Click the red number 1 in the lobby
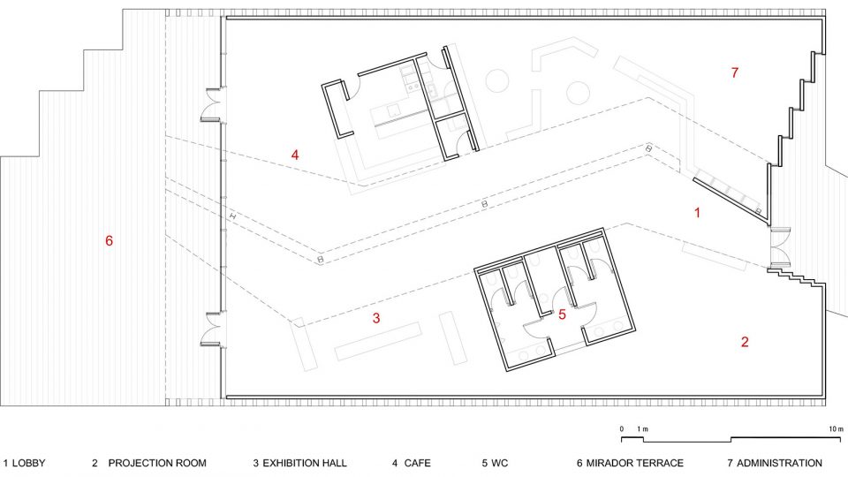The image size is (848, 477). coord(697,213)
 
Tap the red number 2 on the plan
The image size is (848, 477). coord(745,342)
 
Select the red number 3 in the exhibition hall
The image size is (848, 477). coord(376,318)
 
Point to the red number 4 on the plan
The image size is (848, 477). coord(295,155)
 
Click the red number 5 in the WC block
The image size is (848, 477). coord(562,314)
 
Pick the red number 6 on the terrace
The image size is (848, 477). coord(109,240)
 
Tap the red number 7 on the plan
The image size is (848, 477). coord(734,72)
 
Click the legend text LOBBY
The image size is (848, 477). coord(28,464)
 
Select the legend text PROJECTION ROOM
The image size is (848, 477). coord(157,464)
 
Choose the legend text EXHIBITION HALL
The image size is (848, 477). coord(305,464)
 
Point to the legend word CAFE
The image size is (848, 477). coord(418,464)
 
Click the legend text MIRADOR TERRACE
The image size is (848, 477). coord(635,464)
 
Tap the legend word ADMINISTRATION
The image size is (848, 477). coord(779,464)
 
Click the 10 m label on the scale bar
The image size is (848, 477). coord(837,429)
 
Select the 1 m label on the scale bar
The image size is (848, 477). coord(642,429)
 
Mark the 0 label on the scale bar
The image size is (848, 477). coord(622,429)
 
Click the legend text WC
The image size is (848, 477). coord(499,464)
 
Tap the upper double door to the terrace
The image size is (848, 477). coord(212,104)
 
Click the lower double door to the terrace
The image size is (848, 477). coord(212,329)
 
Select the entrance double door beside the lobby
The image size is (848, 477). coord(779,246)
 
